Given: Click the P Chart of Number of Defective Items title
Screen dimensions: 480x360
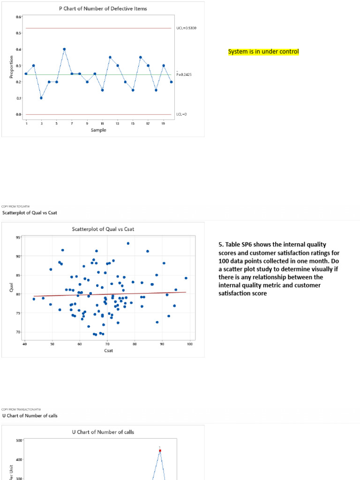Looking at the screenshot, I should (102, 8).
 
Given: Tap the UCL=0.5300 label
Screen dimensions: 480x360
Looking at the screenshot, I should (187, 28).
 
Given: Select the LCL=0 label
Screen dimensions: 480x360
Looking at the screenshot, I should (181, 114).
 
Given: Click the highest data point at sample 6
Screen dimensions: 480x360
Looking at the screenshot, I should (64, 49).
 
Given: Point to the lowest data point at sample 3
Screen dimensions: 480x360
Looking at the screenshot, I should (41, 98).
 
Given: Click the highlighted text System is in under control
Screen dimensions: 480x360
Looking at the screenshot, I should (263, 52).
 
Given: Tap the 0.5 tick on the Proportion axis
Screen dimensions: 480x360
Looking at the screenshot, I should (19, 33).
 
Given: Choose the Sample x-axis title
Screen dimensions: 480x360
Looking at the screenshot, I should (98, 130).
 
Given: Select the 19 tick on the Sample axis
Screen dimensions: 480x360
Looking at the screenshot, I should (164, 123).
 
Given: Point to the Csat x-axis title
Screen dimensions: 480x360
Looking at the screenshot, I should (107, 350).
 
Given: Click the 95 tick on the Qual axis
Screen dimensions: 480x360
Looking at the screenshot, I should (18, 237).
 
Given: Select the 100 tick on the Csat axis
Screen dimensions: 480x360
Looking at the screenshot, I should (189, 345).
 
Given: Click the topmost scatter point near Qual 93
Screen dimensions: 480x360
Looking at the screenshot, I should (128, 243).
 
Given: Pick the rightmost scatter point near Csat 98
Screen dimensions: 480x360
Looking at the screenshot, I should (186, 278).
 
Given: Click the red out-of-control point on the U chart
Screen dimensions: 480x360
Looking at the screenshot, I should (160, 450).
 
